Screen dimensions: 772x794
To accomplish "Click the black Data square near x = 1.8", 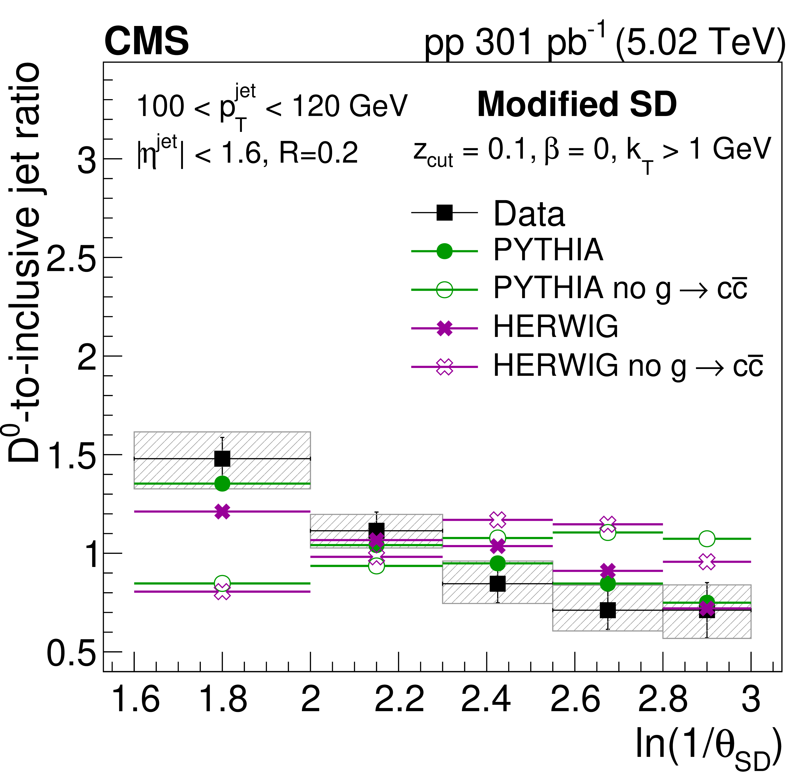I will (x=222, y=459).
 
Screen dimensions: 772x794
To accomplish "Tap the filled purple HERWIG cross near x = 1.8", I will (x=222, y=512).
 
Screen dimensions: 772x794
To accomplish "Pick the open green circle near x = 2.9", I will (x=707, y=539).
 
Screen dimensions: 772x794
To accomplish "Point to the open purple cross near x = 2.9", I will (x=707, y=562).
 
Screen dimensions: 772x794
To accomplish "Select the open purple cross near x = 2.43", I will (x=497, y=519).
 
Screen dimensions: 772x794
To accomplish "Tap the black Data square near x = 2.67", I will (x=608, y=610).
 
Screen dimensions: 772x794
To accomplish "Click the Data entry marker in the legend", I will (x=444, y=212).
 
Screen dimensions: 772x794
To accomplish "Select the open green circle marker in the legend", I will (x=444, y=290).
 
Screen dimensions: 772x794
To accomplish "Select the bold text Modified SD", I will (x=577, y=105).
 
